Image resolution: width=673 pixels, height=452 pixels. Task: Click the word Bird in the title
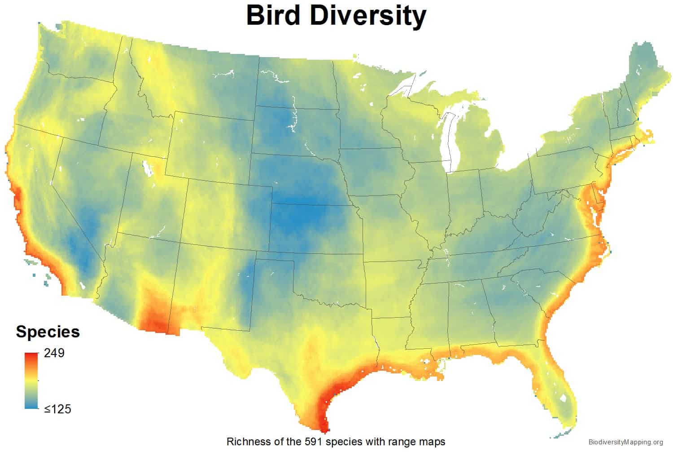click(273, 16)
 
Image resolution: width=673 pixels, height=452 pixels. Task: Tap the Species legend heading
click(48, 332)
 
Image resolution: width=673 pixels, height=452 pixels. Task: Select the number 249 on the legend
click(54, 353)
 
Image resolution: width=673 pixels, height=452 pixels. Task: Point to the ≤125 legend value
click(57, 409)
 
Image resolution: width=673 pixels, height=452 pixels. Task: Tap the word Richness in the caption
click(245, 441)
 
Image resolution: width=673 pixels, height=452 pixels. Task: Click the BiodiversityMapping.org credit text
click(625, 442)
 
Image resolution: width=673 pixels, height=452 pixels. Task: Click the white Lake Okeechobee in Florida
click(563, 399)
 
